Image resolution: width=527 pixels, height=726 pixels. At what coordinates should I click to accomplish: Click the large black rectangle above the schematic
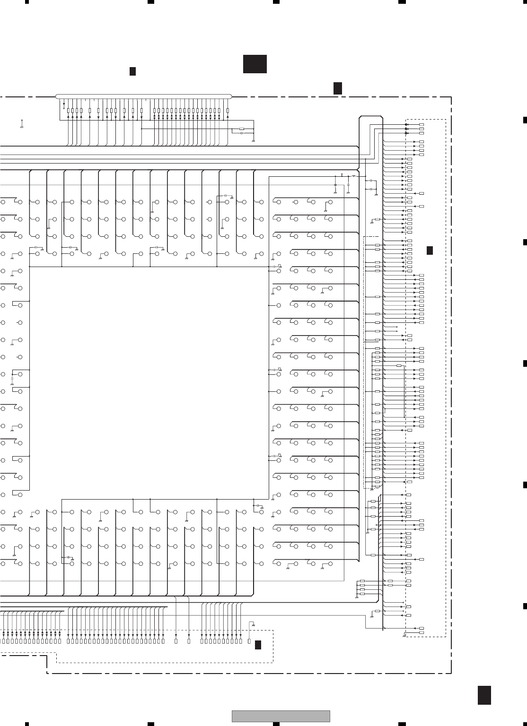tap(255, 64)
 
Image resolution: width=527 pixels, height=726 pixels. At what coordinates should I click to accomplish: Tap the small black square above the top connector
tap(133, 71)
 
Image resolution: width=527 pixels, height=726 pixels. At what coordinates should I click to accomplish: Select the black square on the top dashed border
tap(337, 88)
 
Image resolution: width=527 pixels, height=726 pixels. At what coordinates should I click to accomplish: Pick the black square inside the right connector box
tap(430, 251)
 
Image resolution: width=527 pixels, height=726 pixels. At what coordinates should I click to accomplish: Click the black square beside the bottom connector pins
tap(258, 645)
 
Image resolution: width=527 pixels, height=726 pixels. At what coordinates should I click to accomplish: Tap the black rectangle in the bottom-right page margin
tap(483, 695)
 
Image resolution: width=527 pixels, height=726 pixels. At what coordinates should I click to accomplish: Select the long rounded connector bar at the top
tap(144, 96)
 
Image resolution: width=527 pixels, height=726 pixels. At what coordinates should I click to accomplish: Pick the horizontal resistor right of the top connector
tap(242, 129)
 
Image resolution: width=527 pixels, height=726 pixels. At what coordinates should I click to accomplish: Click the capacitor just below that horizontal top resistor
tap(242, 133)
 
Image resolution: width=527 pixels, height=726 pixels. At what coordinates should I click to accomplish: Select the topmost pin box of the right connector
tap(422, 125)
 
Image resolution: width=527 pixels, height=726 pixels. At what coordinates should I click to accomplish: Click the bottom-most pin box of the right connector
tap(422, 632)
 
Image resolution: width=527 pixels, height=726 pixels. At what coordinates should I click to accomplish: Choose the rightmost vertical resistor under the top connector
tap(228, 111)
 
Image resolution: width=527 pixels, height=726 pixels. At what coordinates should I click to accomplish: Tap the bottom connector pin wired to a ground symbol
tap(249, 641)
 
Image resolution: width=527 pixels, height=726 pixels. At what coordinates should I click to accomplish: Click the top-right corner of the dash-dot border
tap(451, 97)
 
